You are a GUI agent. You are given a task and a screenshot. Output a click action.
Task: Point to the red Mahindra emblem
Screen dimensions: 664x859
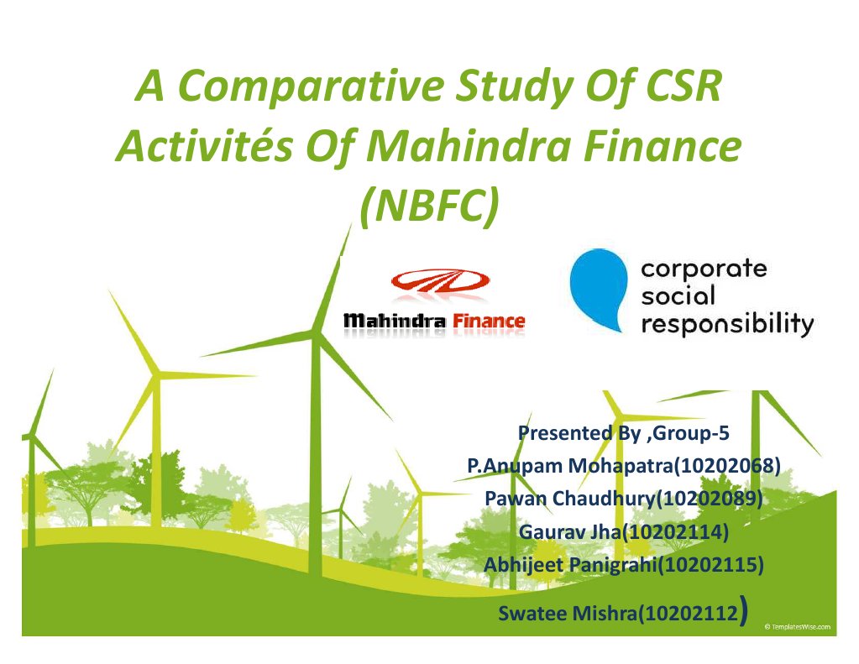435,284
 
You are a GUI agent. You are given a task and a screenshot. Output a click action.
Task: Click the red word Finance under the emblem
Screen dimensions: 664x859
489,321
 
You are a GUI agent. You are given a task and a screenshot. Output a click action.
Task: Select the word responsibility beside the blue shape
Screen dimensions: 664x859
727,324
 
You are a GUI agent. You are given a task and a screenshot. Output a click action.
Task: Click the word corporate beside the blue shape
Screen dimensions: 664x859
704,269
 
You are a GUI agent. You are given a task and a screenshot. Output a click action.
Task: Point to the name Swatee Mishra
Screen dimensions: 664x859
568,614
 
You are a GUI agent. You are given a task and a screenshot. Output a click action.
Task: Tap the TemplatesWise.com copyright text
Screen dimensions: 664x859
799,626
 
